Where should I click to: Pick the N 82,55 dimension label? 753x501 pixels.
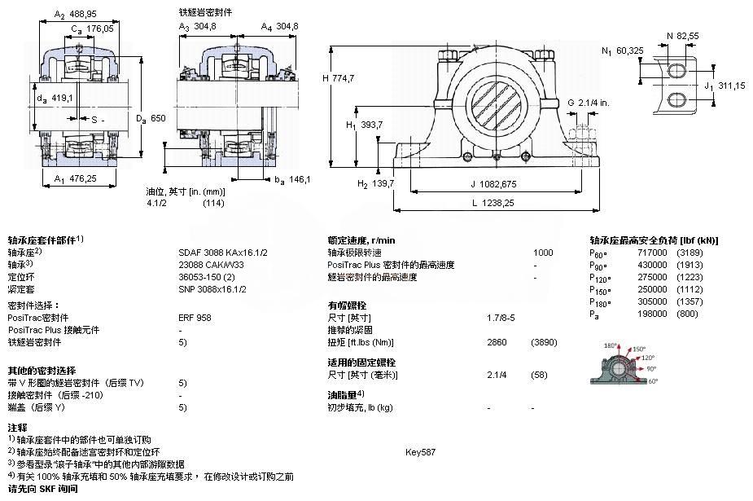pyautogui.click(x=681, y=35)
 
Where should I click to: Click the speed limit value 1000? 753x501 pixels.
pyautogui.click(x=543, y=253)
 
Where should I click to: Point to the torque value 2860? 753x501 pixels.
pyautogui.click(x=497, y=342)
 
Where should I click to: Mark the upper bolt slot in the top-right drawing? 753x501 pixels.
pyautogui.click(x=677, y=71)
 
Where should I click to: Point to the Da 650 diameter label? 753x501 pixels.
pyautogui.click(x=152, y=119)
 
